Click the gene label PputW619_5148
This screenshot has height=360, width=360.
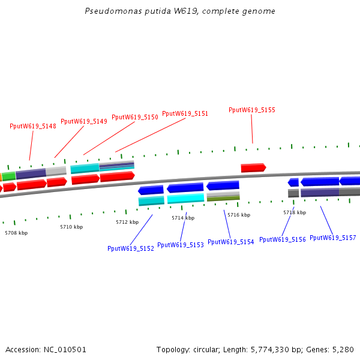33,126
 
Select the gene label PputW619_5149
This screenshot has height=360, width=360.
84,121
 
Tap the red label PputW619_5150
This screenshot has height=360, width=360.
135,117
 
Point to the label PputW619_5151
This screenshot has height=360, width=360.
185,113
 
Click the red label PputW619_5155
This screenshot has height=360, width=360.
252,110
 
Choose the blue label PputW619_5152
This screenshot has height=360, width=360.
131,248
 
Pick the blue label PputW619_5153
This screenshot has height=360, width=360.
181,245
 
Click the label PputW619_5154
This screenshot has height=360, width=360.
231,242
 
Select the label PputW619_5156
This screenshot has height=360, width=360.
283,239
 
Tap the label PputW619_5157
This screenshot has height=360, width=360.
333,238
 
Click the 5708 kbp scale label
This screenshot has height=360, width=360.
16,233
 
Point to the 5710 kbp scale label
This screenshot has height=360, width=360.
71,227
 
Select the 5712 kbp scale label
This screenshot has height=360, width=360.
127,222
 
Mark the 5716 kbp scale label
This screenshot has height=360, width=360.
239,215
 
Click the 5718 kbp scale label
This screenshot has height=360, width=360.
295,212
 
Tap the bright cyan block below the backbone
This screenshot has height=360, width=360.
186,198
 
